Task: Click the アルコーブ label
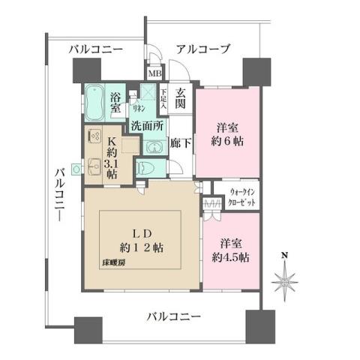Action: pyautogui.click(x=202, y=49)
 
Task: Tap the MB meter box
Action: pyautogui.click(x=154, y=73)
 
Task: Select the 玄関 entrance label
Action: pyautogui.click(x=181, y=100)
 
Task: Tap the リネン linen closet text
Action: pyautogui.click(x=137, y=108)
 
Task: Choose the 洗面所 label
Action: pyautogui.click(x=147, y=126)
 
